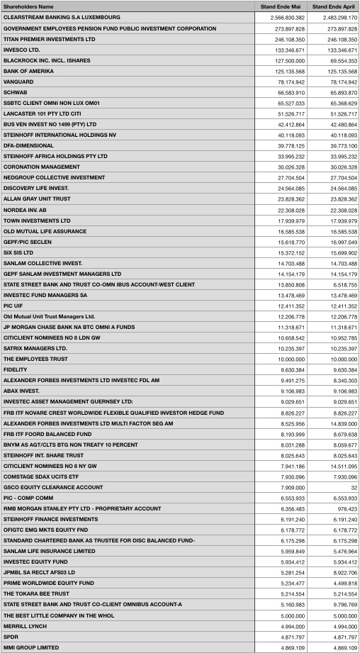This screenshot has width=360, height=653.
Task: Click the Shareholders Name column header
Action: tap(28, 6)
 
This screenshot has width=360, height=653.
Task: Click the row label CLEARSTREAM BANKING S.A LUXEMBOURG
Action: tap(62, 17)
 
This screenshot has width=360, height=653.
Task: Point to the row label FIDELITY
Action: tap(16, 369)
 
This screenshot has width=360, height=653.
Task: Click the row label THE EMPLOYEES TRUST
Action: tap(35, 359)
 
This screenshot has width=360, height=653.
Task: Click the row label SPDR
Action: tap(11, 637)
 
